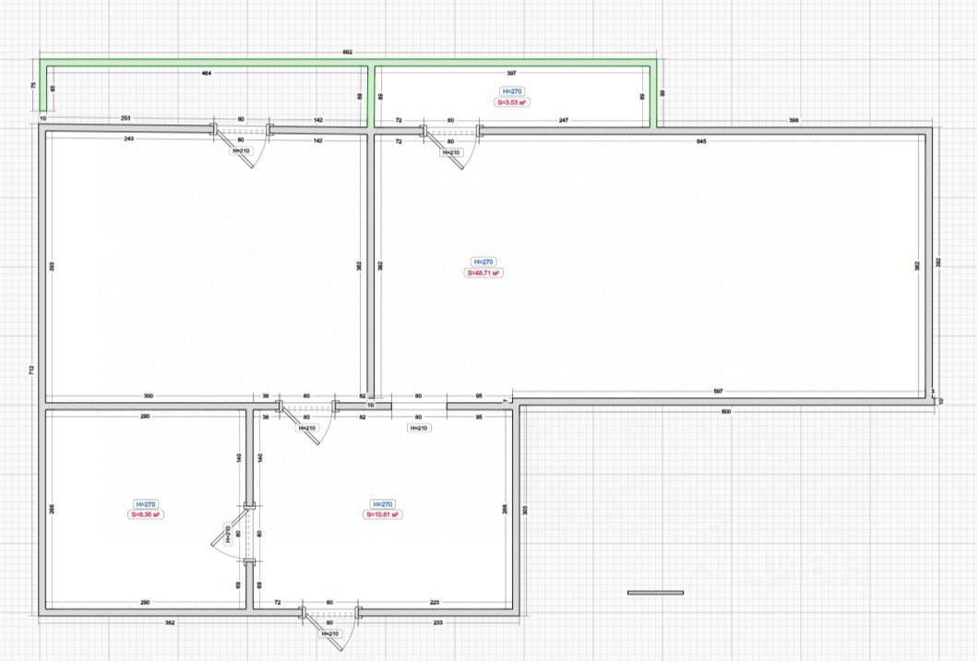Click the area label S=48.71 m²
(483, 273)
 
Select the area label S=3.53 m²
(512, 102)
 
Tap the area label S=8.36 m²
(146, 514)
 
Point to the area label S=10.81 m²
(382, 514)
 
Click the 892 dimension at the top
(347, 53)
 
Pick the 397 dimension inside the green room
(510, 73)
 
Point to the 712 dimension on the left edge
(31, 370)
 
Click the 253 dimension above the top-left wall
(125, 119)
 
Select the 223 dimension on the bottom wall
(434, 602)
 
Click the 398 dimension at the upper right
(792, 120)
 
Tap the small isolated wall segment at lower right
(655, 592)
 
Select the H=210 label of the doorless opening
(418, 428)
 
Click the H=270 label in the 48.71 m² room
(483, 262)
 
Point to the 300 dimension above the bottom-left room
(149, 395)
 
